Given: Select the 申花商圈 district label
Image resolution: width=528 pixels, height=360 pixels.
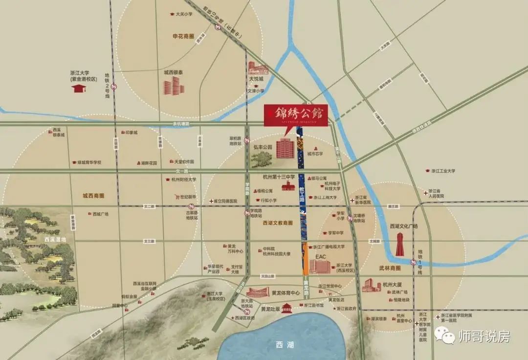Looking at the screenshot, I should tap(184, 36).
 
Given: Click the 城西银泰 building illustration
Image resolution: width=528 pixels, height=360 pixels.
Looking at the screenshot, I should tap(174, 87).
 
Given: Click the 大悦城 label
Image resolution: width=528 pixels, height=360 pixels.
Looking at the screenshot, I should tap(256, 78).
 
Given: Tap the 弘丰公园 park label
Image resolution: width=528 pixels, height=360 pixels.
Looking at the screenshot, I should tap(262, 146).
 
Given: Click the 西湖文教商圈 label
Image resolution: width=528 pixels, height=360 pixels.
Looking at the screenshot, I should tap(278, 223).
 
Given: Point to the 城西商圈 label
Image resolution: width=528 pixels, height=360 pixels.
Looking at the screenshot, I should tap(93, 196).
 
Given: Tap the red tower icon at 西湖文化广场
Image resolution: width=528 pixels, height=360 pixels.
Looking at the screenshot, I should tap(400, 244).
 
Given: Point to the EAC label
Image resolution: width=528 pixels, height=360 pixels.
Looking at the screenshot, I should tap(321, 256).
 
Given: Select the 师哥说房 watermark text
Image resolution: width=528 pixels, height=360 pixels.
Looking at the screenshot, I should tap(484, 337).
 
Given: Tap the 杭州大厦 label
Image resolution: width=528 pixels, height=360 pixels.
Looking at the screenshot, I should tap(392, 284).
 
